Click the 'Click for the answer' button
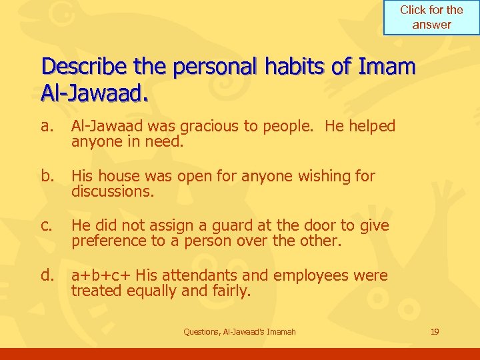[431, 18]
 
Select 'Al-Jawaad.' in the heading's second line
[94, 94]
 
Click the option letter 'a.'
[46, 126]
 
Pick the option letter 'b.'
[47, 176]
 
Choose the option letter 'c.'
[46, 226]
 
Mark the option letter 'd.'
[47, 275]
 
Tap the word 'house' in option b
[115, 176]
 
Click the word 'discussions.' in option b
[113, 191]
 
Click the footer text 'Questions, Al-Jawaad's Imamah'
[239, 331]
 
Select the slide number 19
[435, 331]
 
